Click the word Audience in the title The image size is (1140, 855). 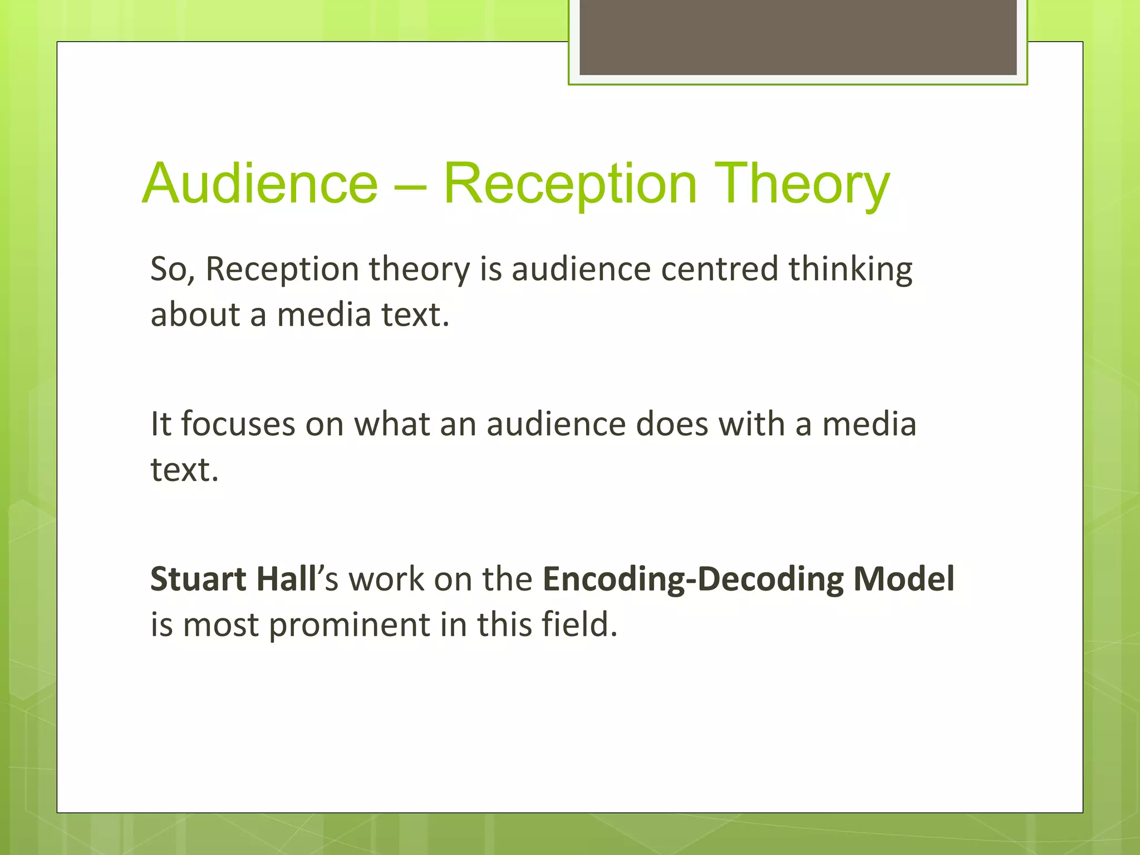click(260, 184)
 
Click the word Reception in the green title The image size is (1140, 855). click(570, 184)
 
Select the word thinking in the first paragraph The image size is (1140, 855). click(850, 269)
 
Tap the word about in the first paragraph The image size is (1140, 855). click(195, 315)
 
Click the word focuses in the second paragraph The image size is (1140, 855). click(238, 425)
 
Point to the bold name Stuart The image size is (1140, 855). click(198, 579)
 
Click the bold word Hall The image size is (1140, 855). click(286, 579)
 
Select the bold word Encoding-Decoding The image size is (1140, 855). click(693, 579)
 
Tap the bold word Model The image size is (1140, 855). click(904, 579)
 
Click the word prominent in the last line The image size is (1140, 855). click(349, 625)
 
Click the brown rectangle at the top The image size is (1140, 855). click(798, 37)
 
